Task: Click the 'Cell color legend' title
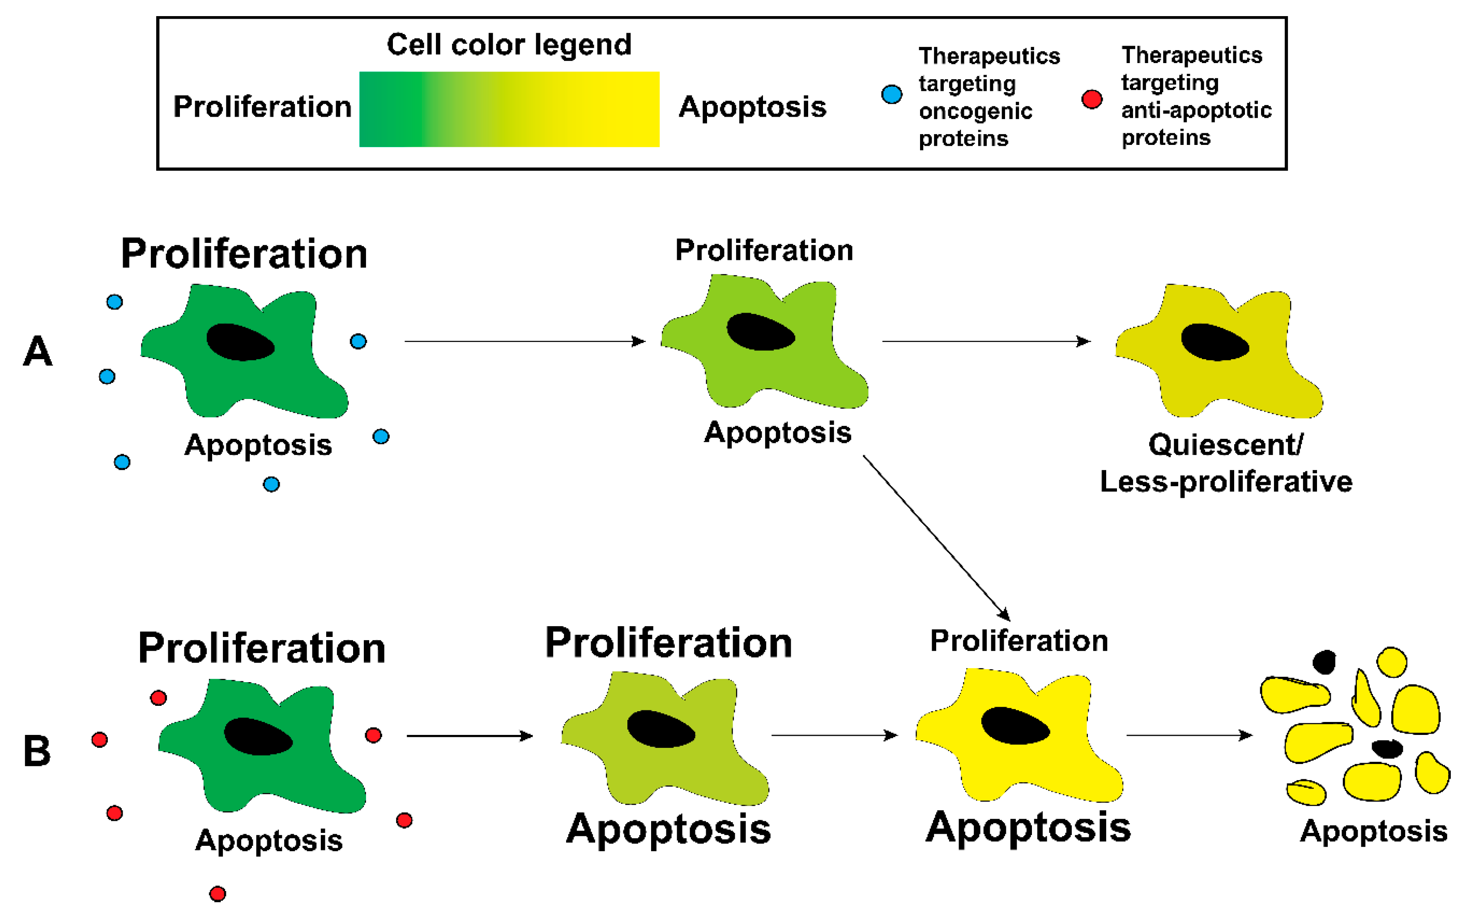click(x=509, y=44)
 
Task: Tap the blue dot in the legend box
click(x=891, y=94)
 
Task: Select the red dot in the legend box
click(x=1091, y=99)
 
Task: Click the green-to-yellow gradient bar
click(x=509, y=109)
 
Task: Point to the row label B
click(x=37, y=750)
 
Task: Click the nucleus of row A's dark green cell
click(x=240, y=342)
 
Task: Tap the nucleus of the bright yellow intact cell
click(x=1015, y=726)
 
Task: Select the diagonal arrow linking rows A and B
click(x=936, y=538)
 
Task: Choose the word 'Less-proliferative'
click(x=1226, y=481)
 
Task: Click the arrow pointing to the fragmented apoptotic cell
click(x=1189, y=735)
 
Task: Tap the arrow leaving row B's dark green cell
click(x=469, y=736)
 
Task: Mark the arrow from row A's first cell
click(x=525, y=341)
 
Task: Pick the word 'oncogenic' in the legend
click(x=975, y=111)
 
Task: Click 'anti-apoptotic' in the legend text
click(x=1196, y=110)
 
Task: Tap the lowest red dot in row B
click(x=217, y=894)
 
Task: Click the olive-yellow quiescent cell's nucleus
click(x=1215, y=342)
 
